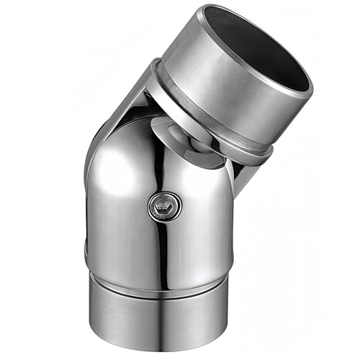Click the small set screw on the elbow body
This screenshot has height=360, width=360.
click(x=165, y=207)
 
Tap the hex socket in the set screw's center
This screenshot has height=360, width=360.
click(x=165, y=207)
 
